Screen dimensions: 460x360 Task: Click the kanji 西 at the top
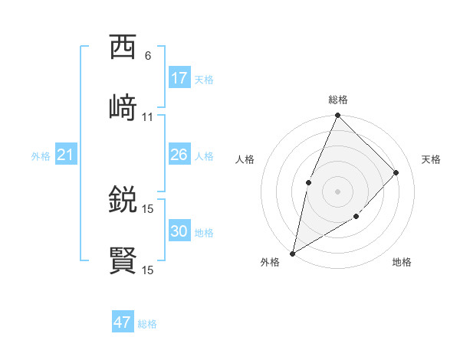click(123, 47)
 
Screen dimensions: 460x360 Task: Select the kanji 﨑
click(123, 106)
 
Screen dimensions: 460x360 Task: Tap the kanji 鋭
click(123, 201)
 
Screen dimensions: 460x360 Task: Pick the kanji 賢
click(123, 260)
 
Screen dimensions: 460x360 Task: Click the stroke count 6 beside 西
click(148, 56)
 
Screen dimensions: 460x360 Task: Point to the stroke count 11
click(148, 117)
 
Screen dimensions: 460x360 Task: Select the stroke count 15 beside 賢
click(148, 270)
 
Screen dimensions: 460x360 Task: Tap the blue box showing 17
click(179, 78)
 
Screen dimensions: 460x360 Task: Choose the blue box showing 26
click(179, 155)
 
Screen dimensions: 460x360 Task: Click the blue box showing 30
click(179, 231)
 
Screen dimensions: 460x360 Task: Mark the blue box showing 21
click(66, 155)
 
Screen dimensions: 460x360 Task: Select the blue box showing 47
click(123, 322)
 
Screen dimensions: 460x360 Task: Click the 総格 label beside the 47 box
click(147, 324)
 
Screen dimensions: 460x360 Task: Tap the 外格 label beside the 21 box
click(41, 156)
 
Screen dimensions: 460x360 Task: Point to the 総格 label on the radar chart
click(338, 100)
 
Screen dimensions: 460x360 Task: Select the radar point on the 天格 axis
click(396, 172)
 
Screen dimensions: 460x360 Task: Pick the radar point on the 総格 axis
click(337, 116)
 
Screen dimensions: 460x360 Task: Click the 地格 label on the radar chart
click(402, 263)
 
